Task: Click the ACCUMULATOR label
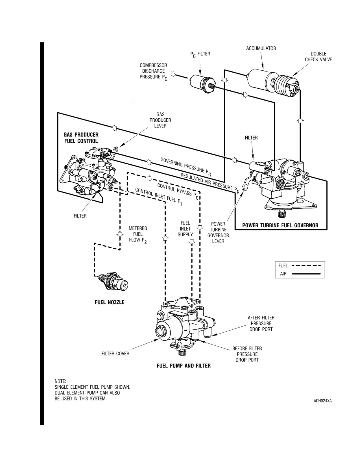pos(261,48)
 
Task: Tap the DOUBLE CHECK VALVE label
pos(318,56)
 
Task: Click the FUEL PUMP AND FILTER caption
pos(184,366)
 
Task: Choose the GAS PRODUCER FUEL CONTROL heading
pos(81,138)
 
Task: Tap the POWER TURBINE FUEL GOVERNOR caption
pos(280,225)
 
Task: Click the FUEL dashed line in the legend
pos(307,266)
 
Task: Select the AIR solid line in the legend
pos(307,274)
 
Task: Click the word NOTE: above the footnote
pos(60,381)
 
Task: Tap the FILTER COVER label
pos(115,354)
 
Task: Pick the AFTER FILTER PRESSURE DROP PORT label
pos(261,323)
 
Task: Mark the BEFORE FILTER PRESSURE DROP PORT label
pos(247,354)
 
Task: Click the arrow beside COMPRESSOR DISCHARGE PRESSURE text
pos(173,75)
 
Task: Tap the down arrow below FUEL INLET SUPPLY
pos(192,242)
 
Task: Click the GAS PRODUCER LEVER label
pos(160,120)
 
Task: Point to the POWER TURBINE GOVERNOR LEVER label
pos(218,232)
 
